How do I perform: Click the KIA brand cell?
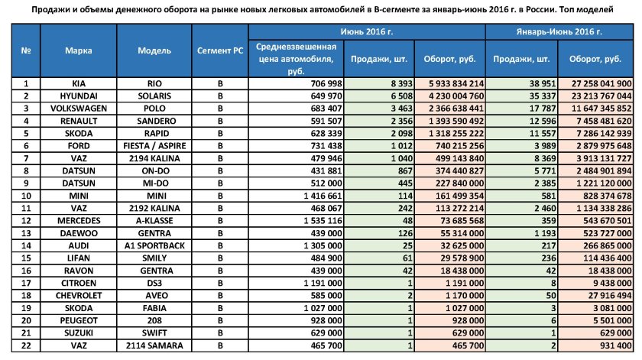coord(79,83)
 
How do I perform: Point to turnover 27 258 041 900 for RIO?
coord(598,83)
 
